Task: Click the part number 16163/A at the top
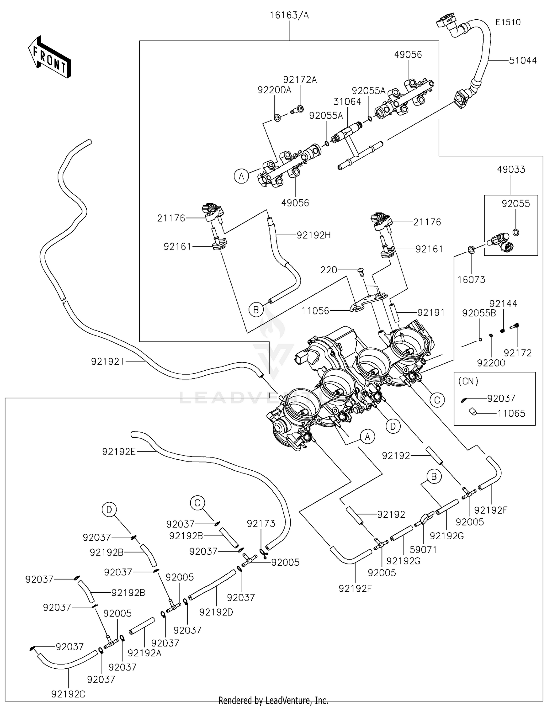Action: [x=289, y=15]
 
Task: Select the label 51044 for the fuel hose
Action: [x=523, y=61]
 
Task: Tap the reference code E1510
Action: [x=508, y=22]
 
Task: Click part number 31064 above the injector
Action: [x=347, y=102]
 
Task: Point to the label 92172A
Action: [x=300, y=80]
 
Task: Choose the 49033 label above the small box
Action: [x=511, y=170]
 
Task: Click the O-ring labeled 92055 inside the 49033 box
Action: [x=516, y=232]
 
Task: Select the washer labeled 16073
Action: [x=471, y=250]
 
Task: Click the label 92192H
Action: [x=314, y=235]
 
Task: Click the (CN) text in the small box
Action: [x=468, y=381]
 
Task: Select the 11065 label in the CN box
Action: [x=511, y=413]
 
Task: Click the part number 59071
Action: [x=423, y=549]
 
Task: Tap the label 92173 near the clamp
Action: [x=261, y=524]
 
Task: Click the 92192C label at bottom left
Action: [x=68, y=694]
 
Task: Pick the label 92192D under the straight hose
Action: [x=216, y=612]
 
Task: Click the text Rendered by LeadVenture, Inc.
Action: [x=273, y=700]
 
